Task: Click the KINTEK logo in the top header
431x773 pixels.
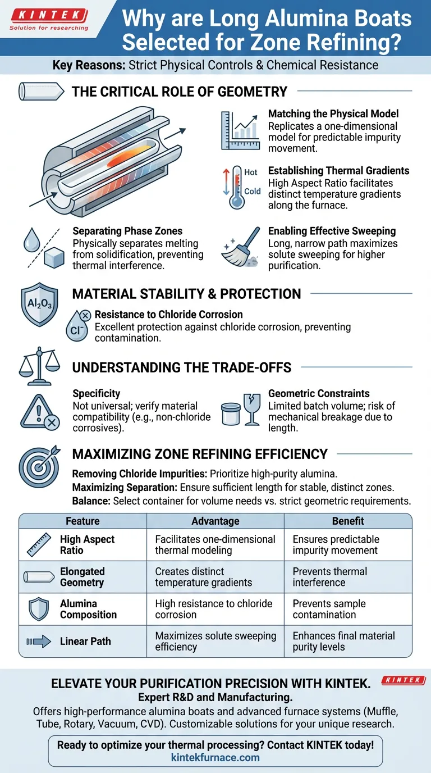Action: coord(49,20)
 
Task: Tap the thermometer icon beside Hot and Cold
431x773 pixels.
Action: coord(236,188)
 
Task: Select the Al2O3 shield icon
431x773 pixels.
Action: coord(39,304)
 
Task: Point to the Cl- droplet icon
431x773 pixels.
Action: coord(78,326)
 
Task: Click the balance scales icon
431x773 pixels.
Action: coord(39,366)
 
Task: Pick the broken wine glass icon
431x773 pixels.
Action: coord(252,410)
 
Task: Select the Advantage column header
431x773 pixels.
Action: coord(215,521)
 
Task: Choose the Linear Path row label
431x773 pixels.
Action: coord(85,641)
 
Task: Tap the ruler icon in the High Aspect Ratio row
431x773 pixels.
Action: coord(39,544)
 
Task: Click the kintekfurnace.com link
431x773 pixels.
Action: coord(215,757)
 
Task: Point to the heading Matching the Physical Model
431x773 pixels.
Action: coord(333,113)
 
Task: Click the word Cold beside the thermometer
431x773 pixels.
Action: coord(253,191)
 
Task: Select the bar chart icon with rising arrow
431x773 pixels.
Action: coord(240,130)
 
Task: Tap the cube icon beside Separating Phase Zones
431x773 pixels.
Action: coord(54,257)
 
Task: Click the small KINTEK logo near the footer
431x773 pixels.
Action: coord(404,680)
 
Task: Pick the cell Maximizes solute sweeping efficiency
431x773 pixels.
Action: coord(215,641)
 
